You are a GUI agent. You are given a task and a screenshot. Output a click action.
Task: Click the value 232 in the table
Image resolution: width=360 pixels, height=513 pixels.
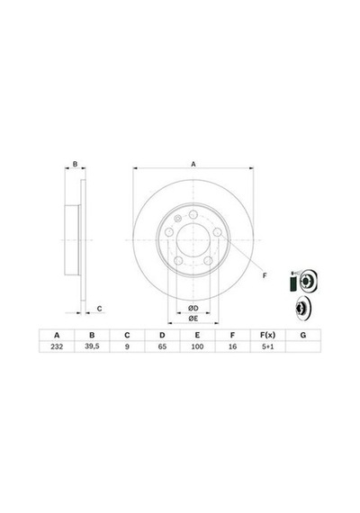click(x=57, y=346)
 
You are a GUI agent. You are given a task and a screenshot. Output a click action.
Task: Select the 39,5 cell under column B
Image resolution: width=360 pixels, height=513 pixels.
click(x=92, y=346)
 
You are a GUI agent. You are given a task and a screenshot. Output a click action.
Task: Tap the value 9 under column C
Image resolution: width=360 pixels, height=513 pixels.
click(x=127, y=346)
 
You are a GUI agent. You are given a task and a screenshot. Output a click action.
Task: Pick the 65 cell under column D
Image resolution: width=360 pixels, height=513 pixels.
click(x=162, y=346)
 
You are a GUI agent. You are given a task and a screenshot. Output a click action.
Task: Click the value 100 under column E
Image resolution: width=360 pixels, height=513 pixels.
click(x=197, y=346)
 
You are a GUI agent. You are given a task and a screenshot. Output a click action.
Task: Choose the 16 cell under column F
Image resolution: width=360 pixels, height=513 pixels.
click(x=232, y=346)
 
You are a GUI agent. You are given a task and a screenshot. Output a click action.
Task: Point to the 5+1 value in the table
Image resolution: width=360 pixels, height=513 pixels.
click(x=267, y=346)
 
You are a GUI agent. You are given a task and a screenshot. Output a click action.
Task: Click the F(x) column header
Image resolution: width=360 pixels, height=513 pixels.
click(x=267, y=335)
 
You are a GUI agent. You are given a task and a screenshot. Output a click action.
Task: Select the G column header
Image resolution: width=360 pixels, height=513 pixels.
click(x=303, y=335)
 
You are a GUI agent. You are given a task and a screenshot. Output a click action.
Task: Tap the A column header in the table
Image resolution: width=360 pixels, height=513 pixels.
click(x=57, y=335)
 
